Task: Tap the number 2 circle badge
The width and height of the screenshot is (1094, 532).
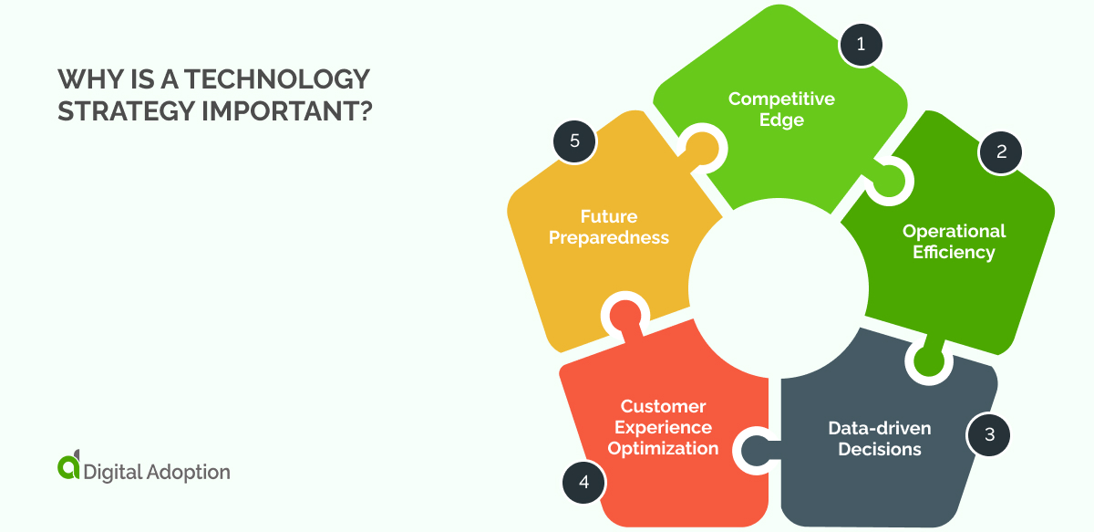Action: (x=1001, y=152)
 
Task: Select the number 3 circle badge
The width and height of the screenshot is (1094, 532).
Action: (x=989, y=433)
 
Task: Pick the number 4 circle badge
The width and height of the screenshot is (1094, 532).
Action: (x=583, y=481)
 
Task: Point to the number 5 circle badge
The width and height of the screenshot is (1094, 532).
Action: (x=574, y=141)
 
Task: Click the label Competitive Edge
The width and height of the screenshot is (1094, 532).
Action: (x=781, y=109)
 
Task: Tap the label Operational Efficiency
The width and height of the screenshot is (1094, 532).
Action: (x=954, y=241)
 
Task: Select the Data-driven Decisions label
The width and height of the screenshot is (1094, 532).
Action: (x=880, y=438)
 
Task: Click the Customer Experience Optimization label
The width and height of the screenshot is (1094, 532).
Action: (x=663, y=427)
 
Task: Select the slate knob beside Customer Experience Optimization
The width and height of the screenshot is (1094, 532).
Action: (x=755, y=449)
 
